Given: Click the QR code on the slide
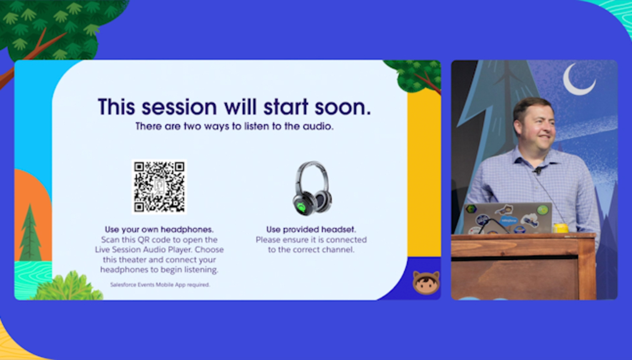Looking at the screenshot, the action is coord(159,187).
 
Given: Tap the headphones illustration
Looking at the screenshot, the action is coord(312,188).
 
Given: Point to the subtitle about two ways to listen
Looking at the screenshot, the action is coord(234,126).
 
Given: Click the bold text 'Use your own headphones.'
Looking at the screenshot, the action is coord(159,229).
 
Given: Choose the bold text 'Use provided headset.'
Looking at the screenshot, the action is coord(311,229).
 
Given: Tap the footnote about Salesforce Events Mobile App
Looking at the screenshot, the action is coord(160,284).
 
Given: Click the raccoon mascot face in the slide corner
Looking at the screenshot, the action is coord(426,282).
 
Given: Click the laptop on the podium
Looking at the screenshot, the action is coord(507,218).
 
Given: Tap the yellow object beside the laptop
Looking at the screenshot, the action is coord(560,227).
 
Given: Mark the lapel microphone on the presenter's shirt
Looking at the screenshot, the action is coord(538,171).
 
